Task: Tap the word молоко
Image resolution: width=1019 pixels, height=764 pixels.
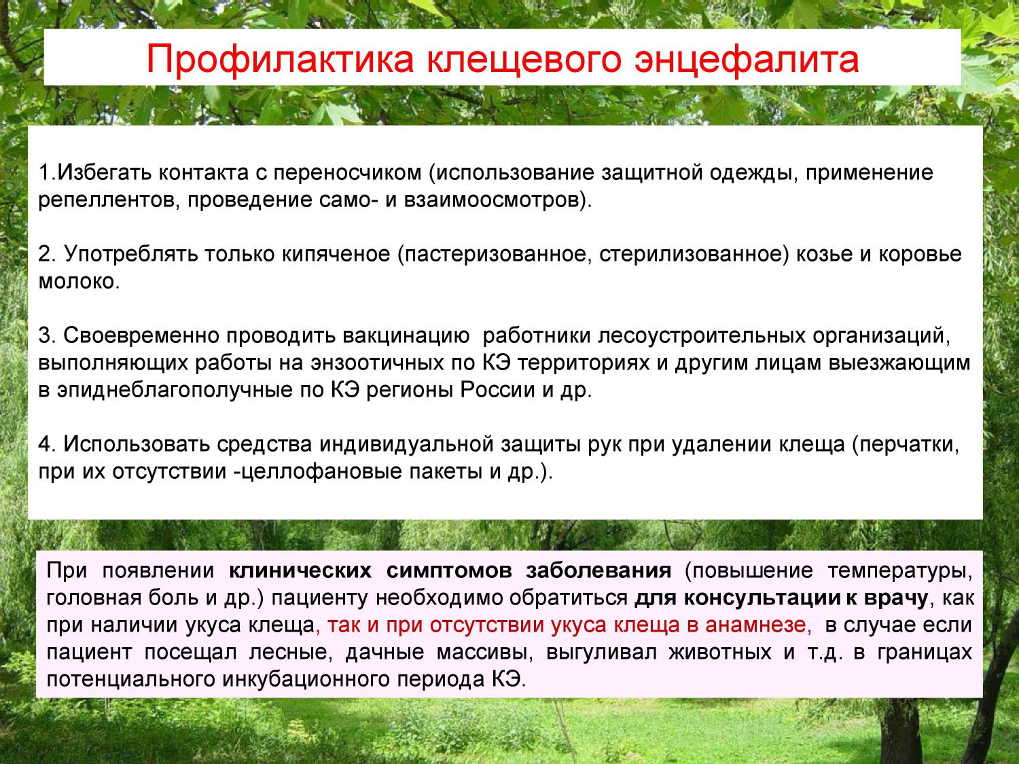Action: pos(77,282)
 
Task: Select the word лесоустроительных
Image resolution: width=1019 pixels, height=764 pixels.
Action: pos(702,336)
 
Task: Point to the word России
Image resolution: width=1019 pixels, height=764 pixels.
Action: pos(498,390)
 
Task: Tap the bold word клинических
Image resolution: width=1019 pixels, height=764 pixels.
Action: pos(300,570)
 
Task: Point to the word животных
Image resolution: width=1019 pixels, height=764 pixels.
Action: pos(720,653)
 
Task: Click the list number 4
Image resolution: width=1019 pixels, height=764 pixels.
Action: pos(44,445)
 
